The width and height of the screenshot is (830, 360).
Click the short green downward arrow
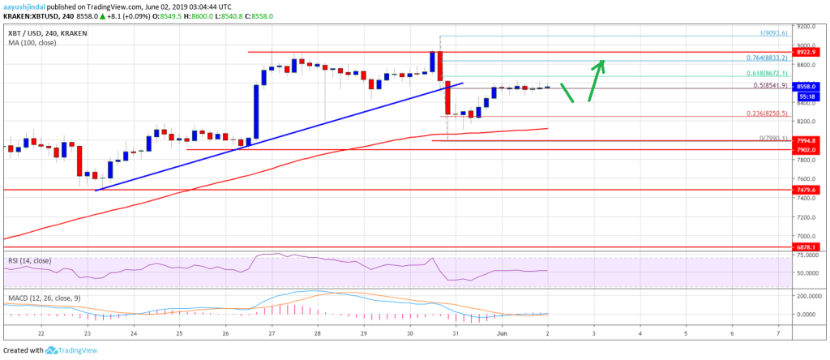tap(567, 93)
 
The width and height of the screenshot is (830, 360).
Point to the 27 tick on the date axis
tap(272, 332)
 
